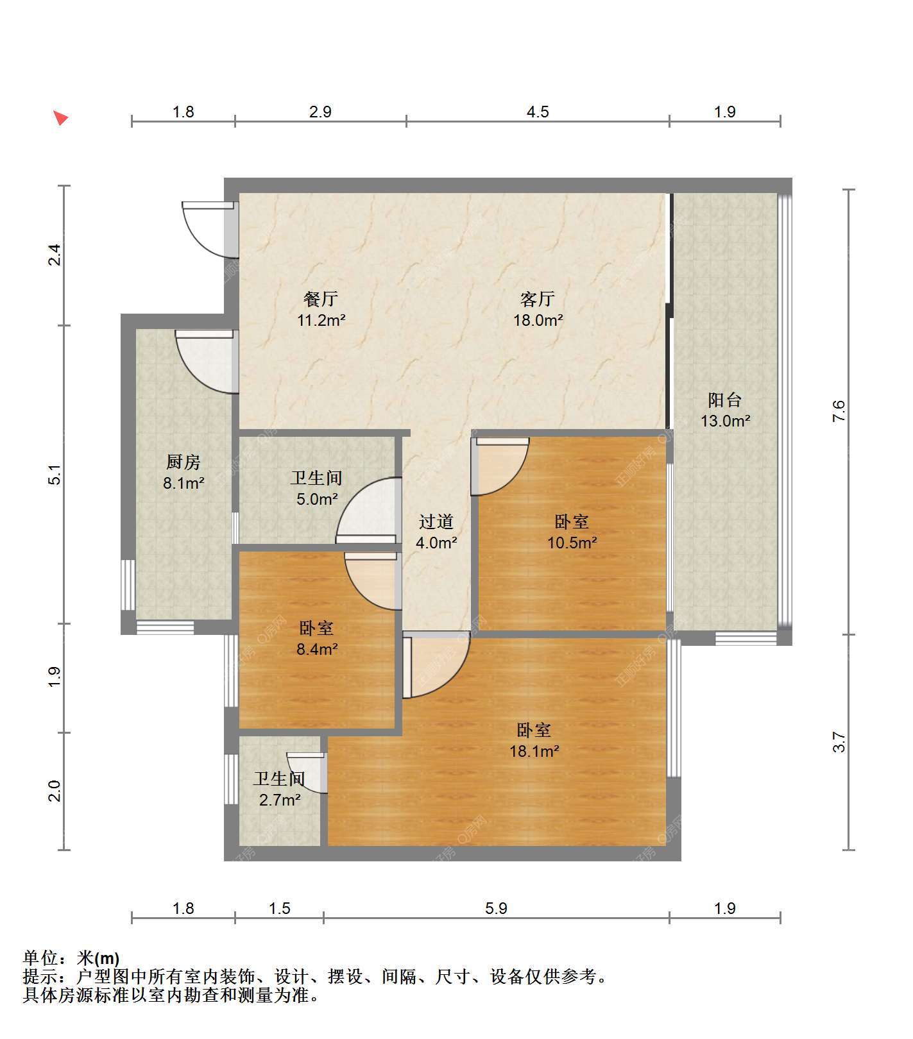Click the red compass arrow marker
[x=60, y=118]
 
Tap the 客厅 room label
[x=538, y=299]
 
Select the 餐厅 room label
[x=321, y=299]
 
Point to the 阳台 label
[x=725, y=400]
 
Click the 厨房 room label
[x=183, y=462]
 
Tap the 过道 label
[x=436, y=522]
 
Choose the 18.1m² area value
[x=534, y=751]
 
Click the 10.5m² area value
[x=572, y=543]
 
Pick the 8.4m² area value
[x=317, y=650]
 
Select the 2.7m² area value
[x=280, y=800]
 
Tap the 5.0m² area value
[x=317, y=499]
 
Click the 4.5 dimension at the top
[x=538, y=112]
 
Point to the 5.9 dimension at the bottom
[x=496, y=909]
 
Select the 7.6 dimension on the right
[x=839, y=410]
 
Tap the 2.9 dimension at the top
[x=320, y=112]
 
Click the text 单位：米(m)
[x=71, y=959]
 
